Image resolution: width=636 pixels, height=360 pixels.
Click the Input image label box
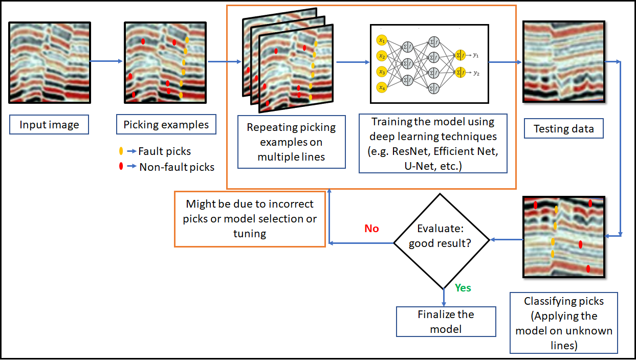tap(49, 125)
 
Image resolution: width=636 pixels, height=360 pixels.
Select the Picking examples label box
tap(166, 125)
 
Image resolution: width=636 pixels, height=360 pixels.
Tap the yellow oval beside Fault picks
tap(121, 151)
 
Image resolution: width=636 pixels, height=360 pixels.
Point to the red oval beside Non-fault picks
tap(121, 166)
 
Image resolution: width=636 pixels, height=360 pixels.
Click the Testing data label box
tap(563, 128)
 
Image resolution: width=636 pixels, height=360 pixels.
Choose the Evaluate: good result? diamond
tap(443, 241)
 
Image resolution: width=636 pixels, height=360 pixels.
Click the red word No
tap(371, 229)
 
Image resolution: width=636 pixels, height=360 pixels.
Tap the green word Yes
tap(463, 288)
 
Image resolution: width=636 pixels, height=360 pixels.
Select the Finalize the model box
tap(446, 321)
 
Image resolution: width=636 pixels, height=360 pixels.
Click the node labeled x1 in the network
tap(381, 40)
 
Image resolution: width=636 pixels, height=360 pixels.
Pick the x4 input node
tap(381, 88)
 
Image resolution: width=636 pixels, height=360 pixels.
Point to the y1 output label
tap(476, 54)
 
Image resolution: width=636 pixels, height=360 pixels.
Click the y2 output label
tap(476, 73)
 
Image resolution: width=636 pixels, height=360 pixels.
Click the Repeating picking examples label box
tap(291, 142)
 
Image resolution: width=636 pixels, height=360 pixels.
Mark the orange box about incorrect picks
tap(250, 219)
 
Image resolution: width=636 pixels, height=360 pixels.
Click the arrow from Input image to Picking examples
tap(107, 61)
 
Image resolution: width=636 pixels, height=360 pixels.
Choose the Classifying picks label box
tap(563, 323)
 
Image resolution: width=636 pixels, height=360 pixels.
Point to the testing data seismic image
tap(563, 62)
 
